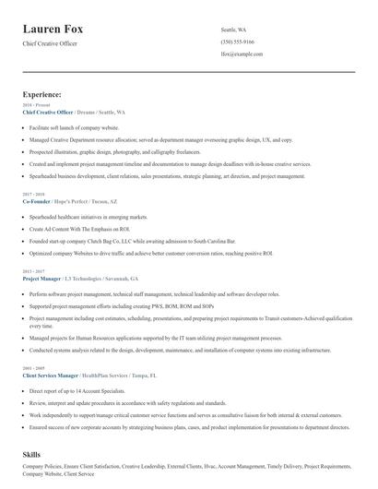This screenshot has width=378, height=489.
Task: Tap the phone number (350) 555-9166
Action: coord(238,42)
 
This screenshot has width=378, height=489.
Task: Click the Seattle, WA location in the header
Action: coord(234,30)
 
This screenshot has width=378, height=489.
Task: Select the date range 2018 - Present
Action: coord(33,105)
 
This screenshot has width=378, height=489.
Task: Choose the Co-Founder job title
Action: coord(38,201)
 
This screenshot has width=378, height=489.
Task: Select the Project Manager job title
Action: coord(42,278)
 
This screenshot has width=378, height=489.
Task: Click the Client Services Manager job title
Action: coord(51,376)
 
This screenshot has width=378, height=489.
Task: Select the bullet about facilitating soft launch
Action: coord(74,125)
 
